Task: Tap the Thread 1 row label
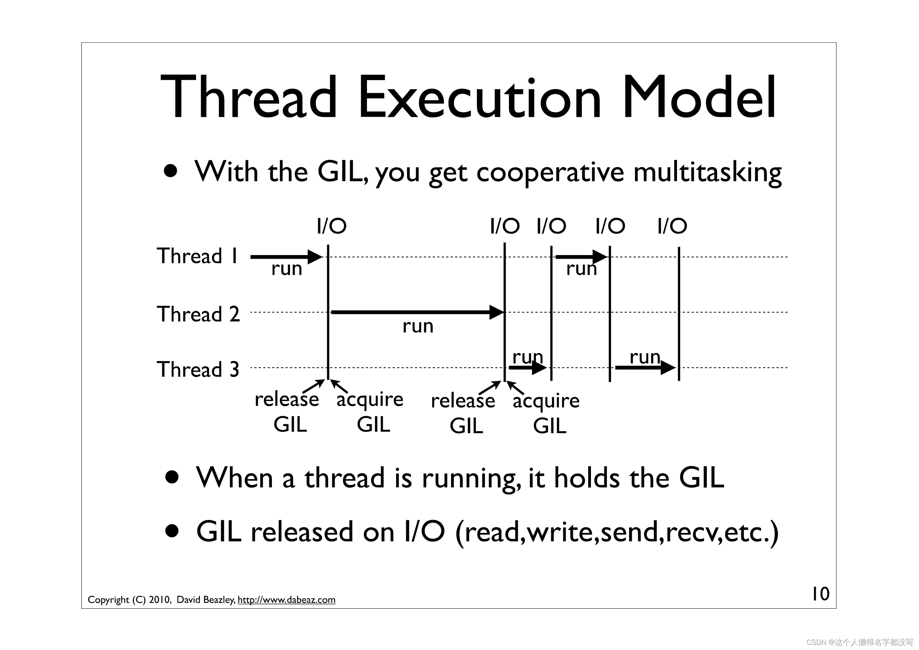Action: pos(198,256)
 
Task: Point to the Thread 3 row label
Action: pos(198,369)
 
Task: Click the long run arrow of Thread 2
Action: pos(418,312)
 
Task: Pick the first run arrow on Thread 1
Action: pos(286,257)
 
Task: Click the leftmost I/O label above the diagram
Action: pos(332,226)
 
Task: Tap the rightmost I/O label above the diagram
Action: pos(672,226)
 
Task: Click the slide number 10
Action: pos(820,594)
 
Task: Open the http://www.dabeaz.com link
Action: pos(286,600)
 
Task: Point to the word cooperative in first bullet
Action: pos(550,173)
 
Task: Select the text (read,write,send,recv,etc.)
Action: pos(617,533)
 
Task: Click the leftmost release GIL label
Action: pos(287,412)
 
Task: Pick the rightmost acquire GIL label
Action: pos(547,413)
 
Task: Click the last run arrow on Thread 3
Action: pos(646,367)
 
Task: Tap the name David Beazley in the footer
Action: pos(206,600)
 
